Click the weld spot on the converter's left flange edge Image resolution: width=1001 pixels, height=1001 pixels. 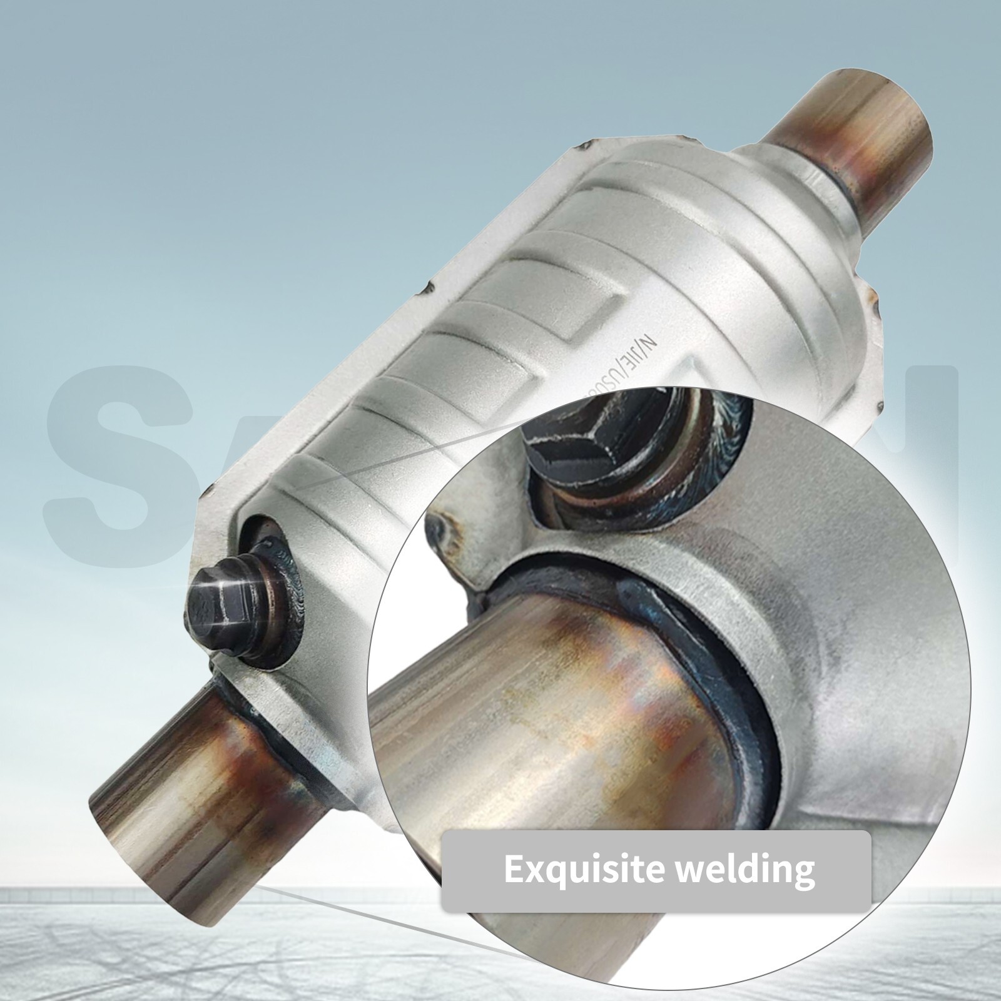click(428, 288)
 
